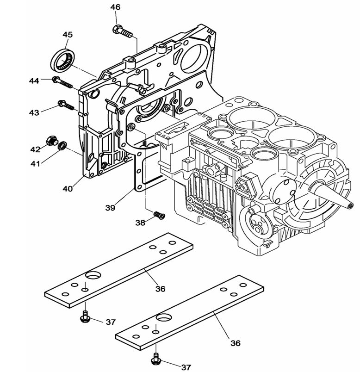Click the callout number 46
[x=115, y=7]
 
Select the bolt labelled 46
[x=122, y=31]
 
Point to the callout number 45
[x=68, y=35]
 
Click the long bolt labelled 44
[x=63, y=83]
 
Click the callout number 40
[x=68, y=188]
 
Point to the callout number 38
[x=140, y=223]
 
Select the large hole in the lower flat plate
[x=164, y=319]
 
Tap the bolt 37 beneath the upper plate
[x=85, y=316]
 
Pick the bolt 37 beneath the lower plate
[x=156, y=358]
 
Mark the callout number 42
[x=36, y=149]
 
